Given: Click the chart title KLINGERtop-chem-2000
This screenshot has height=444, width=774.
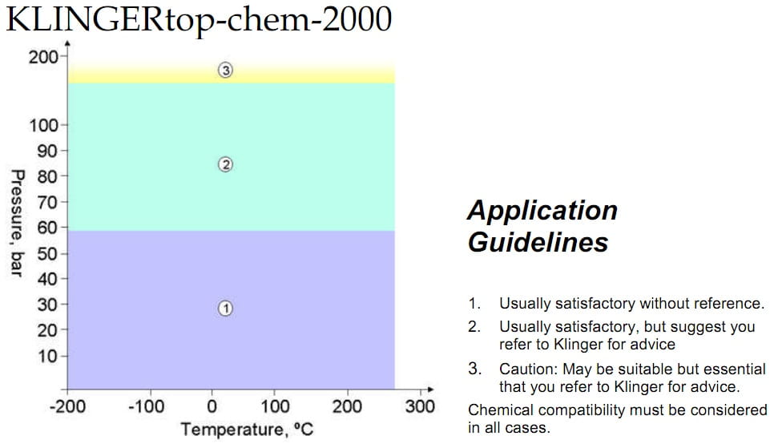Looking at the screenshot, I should pos(199,19).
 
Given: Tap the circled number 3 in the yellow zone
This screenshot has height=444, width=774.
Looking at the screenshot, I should pos(225,71).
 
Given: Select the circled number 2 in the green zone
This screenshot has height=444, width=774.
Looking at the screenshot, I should pos(225,164).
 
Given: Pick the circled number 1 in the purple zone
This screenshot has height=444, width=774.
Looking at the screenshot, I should pos(225,308).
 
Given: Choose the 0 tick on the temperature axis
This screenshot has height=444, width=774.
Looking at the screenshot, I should pos(212,406).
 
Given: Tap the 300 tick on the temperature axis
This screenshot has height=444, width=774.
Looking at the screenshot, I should pos(419,406).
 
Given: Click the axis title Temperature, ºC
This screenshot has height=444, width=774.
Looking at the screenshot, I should pos(247,430).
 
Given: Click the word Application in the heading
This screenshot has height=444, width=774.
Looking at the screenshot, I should pos(542,211).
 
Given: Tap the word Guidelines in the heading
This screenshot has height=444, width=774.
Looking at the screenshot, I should pos(537,241).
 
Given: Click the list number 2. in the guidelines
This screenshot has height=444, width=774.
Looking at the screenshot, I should pos(474,327).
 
